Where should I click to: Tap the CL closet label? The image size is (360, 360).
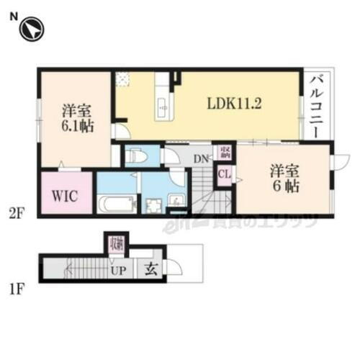[x=225, y=174]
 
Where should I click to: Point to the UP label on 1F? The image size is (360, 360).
[x=118, y=272]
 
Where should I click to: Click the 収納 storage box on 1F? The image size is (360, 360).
[x=116, y=244]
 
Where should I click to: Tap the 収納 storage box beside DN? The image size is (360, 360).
[x=225, y=150]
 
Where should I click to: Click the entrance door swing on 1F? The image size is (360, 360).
[x=174, y=267]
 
